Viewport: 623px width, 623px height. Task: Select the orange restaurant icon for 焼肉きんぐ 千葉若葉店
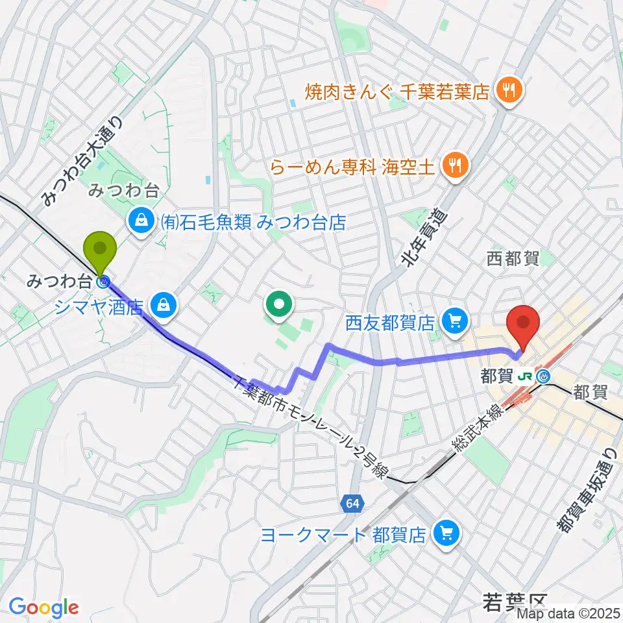[506, 92]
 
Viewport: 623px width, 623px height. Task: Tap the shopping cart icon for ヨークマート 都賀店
[446, 534]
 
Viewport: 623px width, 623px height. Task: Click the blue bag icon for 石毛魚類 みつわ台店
[140, 223]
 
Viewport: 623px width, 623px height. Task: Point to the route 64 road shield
[352, 504]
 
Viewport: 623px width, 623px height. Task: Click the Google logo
[43, 607]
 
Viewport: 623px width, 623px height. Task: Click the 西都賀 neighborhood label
[513, 258]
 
